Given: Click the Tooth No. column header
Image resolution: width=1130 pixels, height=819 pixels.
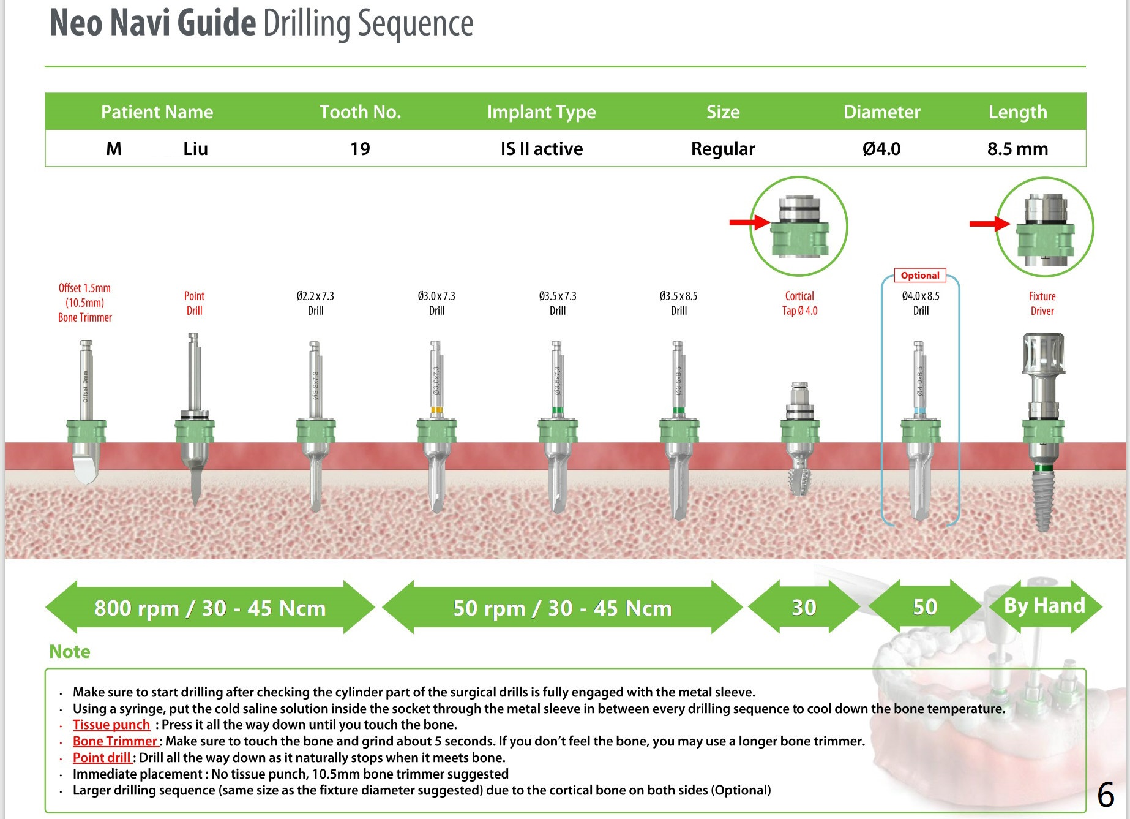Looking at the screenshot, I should point(360,112).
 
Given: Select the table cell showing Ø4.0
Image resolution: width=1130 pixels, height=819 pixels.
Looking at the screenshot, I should point(881,149).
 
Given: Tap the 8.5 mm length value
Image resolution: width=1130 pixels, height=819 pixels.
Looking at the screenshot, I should point(1017,149).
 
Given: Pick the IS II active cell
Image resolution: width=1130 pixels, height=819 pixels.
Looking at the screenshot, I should point(541,149).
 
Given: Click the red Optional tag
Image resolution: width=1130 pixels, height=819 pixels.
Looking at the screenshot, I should point(920,276).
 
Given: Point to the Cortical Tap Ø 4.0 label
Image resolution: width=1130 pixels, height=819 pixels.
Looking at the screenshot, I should point(799,303).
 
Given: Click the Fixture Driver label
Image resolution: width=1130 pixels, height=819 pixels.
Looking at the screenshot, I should point(1042,303).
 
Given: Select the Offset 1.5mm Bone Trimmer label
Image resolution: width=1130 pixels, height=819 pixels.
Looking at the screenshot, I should point(85,303).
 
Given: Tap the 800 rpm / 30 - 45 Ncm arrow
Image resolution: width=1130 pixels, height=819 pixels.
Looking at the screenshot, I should point(210,608).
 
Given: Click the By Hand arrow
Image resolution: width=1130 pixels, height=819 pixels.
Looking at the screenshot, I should point(1045,606).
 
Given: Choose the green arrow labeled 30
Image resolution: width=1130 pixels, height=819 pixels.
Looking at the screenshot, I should point(804,607).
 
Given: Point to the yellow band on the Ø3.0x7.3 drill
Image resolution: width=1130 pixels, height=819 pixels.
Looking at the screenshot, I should point(436,410).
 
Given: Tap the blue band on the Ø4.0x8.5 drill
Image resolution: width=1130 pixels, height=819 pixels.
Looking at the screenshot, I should point(919,411).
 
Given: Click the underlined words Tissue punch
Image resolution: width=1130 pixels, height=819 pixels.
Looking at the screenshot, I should point(111,725).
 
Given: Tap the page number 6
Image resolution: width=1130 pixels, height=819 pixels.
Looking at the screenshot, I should point(1106,795).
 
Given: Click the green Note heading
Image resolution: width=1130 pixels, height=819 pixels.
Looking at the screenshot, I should point(70,651).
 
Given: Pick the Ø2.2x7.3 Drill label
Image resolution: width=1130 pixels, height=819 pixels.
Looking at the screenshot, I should point(315,303).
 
